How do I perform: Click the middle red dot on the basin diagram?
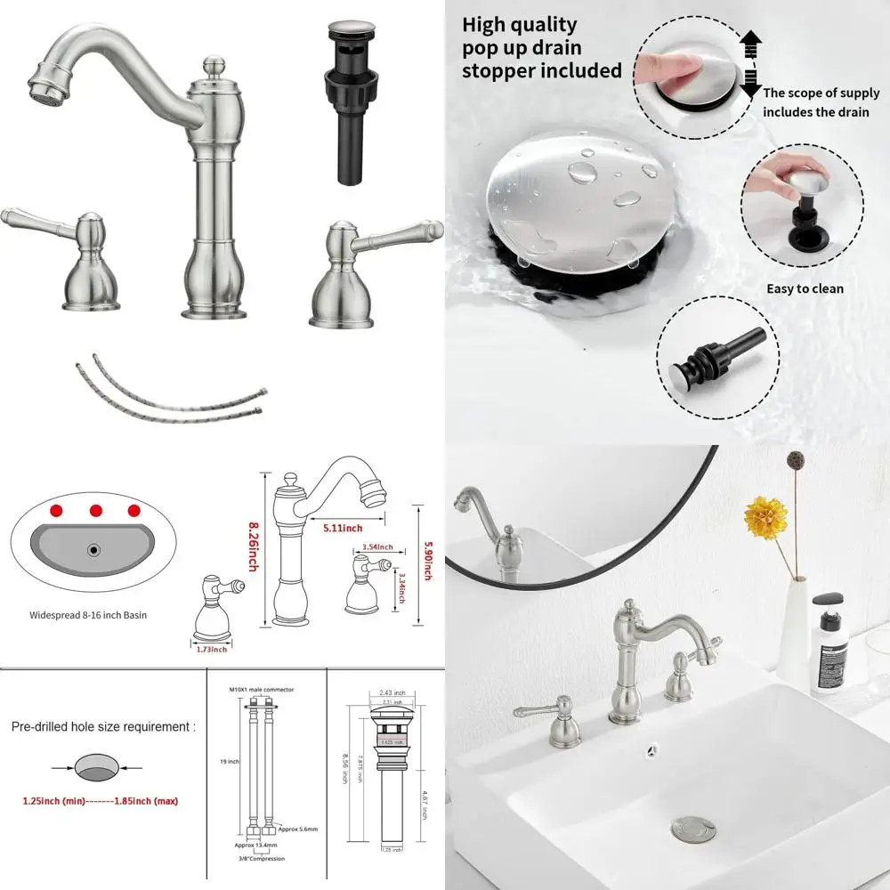pos(95,511)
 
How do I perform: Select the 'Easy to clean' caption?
pos(805,288)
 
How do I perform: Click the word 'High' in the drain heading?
pos(486,25)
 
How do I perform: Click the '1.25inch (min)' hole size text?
pos(54,801)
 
